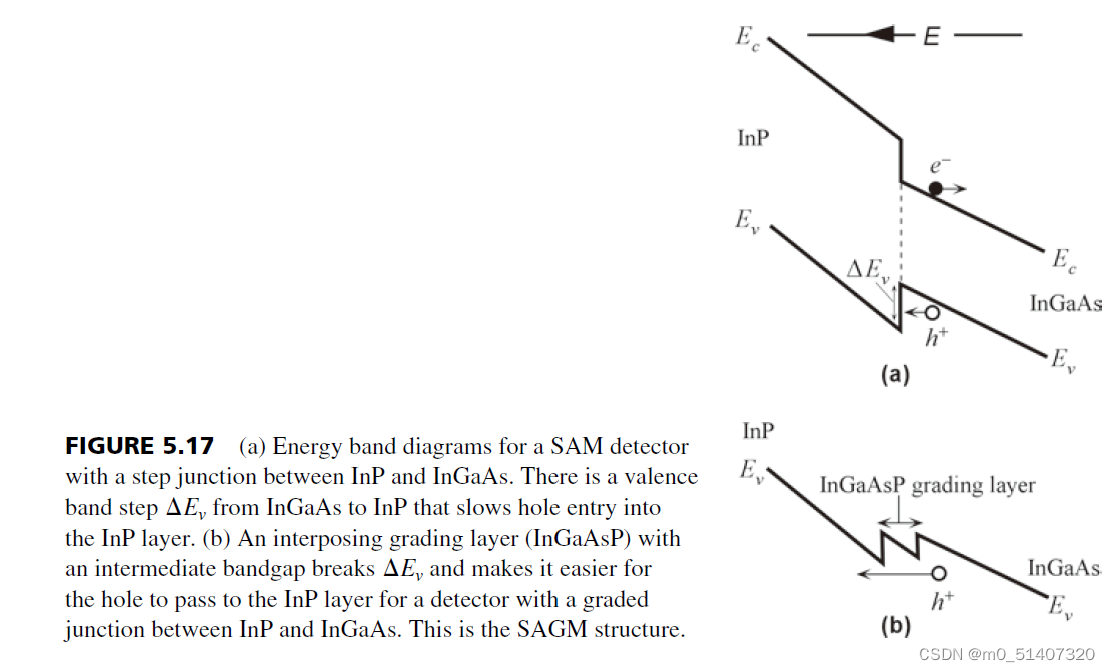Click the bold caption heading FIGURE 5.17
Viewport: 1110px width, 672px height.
coord(139,446)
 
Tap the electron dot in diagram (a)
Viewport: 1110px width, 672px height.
coord(935,187)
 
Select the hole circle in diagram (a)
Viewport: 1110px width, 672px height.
coord(931,312)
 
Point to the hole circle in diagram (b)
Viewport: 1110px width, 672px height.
coord(939,573)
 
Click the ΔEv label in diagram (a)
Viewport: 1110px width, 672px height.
coord(867,270)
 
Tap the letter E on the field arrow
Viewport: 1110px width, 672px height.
coord(931,37)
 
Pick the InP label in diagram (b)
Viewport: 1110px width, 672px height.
coord(759,431)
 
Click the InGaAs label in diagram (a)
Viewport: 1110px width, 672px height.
coord(1065,302)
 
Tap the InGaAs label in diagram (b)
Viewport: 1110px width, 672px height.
coord(1064,569)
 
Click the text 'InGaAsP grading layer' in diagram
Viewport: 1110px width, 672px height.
coord(927,486)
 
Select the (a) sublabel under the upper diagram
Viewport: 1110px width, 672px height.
coord(893,376)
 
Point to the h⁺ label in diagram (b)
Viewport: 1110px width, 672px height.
coord(939,602)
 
